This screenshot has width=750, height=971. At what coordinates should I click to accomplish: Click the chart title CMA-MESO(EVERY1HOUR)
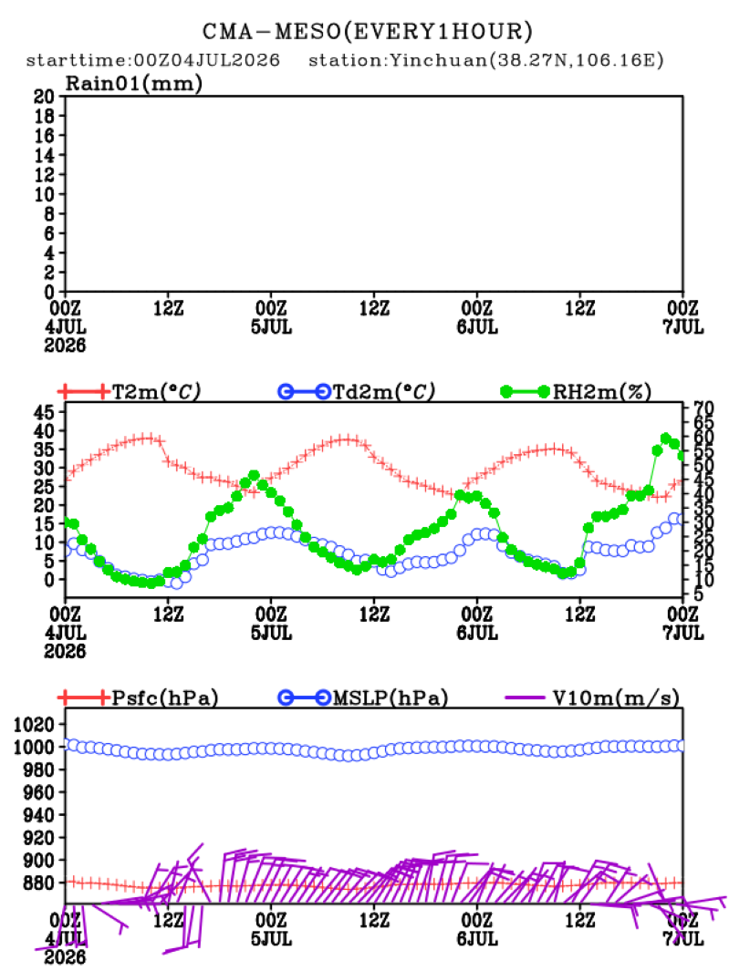(368, 32)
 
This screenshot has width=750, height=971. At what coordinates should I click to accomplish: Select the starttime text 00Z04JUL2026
(207, 60)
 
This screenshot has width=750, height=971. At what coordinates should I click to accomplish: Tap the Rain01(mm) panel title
(134, 84)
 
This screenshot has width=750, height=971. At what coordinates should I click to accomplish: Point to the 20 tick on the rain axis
(45, 97)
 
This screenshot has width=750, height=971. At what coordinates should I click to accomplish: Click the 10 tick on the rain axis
(45, 194)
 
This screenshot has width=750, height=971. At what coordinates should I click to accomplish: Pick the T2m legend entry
(130, 392)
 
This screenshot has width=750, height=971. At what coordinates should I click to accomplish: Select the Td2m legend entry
(357, 392)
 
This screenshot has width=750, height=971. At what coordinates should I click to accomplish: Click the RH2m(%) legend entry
(576, 392)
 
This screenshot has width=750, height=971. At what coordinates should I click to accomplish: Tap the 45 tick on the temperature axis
(45, 412)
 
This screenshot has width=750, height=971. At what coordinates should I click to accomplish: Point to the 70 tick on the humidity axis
(703, 408)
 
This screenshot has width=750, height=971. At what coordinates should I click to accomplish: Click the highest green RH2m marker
(666, 439)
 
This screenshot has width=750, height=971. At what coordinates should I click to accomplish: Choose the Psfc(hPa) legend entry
(138, 697)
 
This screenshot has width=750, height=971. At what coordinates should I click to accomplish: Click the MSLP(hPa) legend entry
(363, 697)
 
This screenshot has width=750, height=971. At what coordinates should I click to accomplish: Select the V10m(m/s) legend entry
(592, 697)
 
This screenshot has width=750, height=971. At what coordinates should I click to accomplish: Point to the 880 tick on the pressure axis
(38, 883)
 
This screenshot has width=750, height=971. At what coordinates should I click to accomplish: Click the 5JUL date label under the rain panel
(272, 327)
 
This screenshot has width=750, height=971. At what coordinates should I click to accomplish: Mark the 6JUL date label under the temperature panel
(477, 633)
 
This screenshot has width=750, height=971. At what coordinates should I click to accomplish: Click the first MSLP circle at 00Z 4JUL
(72, 745)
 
